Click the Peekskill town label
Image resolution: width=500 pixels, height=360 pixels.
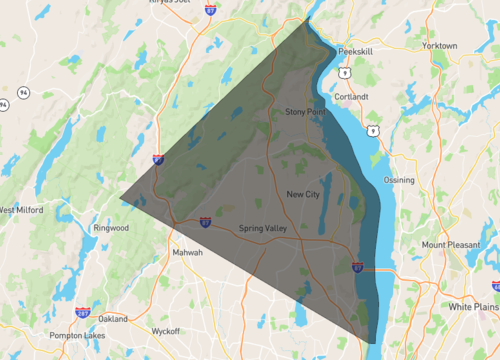[354, 49]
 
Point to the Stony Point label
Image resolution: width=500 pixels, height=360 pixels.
[305, 112]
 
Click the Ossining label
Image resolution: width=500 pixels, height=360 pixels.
[398, 179]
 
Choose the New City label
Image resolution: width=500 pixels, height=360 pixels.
[302, 194]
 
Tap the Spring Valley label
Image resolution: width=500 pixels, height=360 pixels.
[263, 229]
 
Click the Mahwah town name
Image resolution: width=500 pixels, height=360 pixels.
[187, 252]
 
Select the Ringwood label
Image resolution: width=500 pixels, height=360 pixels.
[111, 228]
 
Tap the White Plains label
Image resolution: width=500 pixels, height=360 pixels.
[472, 305]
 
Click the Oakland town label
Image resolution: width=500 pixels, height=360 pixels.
[113, 318]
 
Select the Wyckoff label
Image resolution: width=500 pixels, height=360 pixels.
[165, 331]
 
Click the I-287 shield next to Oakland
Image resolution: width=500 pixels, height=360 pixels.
[82, 311]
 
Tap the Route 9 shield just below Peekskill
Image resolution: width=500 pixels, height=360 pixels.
[344, 71]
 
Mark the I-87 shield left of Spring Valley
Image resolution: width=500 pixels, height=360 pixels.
[204, 222]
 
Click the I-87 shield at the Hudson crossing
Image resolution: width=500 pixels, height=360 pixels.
[357, 267]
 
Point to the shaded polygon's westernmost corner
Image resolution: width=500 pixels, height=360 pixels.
[120, 197]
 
